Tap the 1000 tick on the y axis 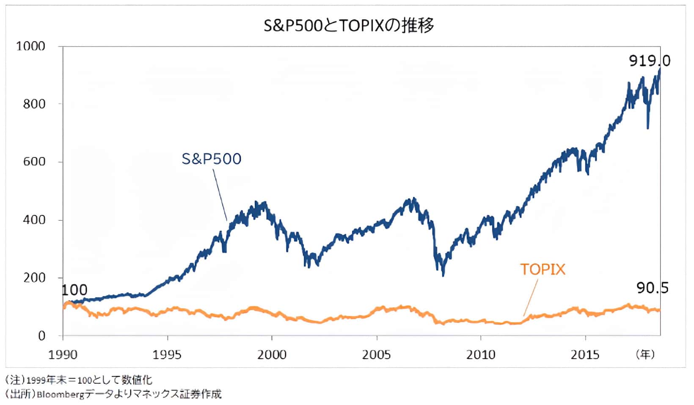(30, 46)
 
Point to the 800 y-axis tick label (34, 104)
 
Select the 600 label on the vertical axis (34, 162)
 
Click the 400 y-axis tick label (34, 220)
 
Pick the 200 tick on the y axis (34, 278)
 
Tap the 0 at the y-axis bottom (41, 336)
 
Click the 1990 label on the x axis (63, 355)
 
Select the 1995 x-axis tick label (168, 355)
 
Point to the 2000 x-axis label (272, 355)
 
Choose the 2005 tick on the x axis (376, 355)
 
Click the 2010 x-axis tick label (481, 355)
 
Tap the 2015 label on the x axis (585, 355)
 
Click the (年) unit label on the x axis (645, 355)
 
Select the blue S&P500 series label (212, 159)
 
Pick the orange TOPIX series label (543, 270)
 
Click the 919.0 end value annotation (650, 61)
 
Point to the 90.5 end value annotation (653, 288)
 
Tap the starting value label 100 (74, 290)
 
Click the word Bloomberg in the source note (61, 394)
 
